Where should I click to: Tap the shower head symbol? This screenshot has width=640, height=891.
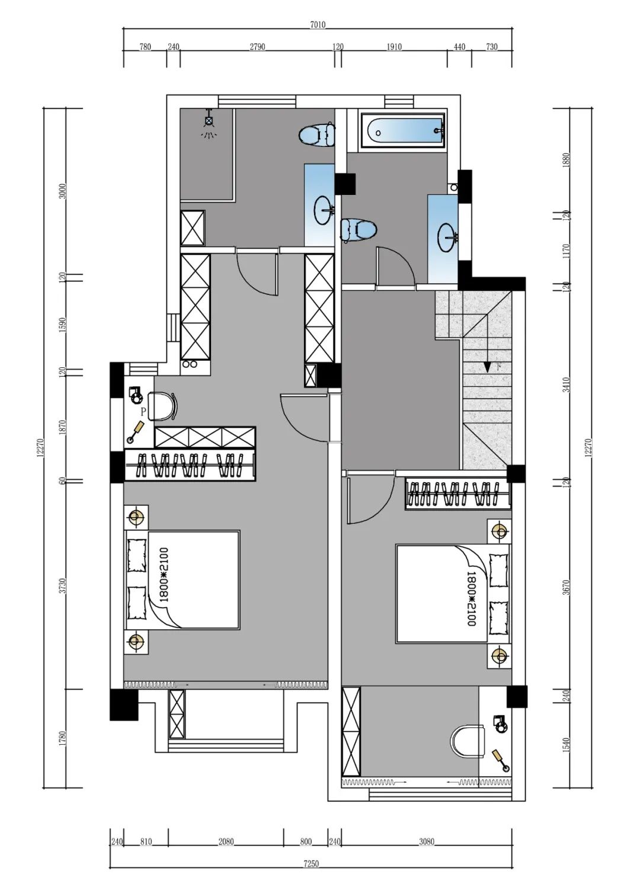tap(209, 123)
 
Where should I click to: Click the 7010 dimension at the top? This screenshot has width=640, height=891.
tap(318, 25)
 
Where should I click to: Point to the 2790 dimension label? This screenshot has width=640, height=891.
tap(257, 47)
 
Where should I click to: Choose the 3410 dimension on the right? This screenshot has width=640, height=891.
tap(567, 384)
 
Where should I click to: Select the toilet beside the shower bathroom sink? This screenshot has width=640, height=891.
tap(316, 134)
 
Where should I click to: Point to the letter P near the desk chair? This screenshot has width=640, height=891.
tap(143, 411)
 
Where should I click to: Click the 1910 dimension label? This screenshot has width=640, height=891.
tap(394, 47)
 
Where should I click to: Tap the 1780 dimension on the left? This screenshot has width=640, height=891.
tap(62, 739)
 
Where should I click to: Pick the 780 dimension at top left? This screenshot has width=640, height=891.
tap(145, 47)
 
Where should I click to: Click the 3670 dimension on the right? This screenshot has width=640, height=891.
tap(567, 587)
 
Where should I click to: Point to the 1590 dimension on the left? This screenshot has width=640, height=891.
tap(62, 325)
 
